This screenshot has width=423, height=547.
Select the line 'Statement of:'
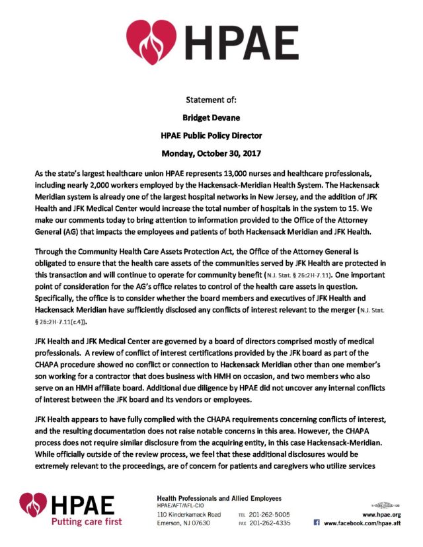click(211, 100)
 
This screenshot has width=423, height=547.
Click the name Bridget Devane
click(211, 118)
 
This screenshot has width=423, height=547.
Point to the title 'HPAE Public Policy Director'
click(211, 136)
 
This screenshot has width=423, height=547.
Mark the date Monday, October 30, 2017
click(211, 154)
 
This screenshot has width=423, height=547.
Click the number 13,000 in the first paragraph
click(239, 172)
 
